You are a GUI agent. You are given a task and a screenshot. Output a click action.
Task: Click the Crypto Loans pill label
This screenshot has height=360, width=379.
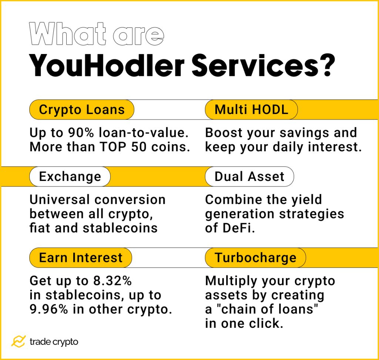[x=81, y=110]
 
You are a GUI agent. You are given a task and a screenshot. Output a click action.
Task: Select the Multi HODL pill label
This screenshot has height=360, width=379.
[x=251, y=110]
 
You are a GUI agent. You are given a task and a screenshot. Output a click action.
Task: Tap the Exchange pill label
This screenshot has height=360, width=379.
[x=70, y=176]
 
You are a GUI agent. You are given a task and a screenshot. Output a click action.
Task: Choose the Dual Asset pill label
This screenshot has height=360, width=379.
[x=249, y=176]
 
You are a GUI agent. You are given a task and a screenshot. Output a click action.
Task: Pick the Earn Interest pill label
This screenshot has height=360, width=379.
[x=80, y=258]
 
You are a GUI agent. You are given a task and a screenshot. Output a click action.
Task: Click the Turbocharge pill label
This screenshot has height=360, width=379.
[x=255, y=258]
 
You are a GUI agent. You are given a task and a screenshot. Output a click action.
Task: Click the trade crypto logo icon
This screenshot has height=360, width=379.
[x=18, y=342]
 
